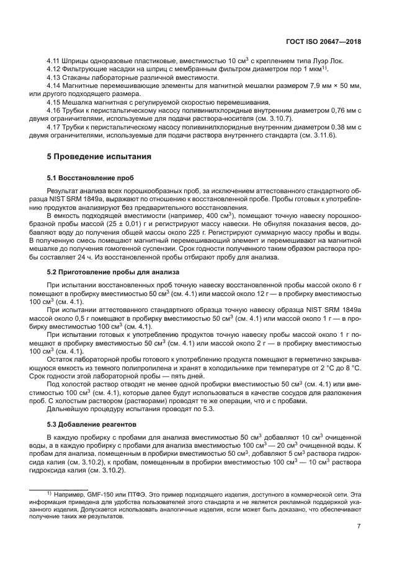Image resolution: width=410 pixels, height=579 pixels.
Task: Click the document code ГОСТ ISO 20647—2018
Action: [324, 42]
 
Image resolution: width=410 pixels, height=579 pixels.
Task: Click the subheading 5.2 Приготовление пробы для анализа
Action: [105, 271]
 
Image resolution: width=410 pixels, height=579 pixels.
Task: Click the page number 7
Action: [359, 526]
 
